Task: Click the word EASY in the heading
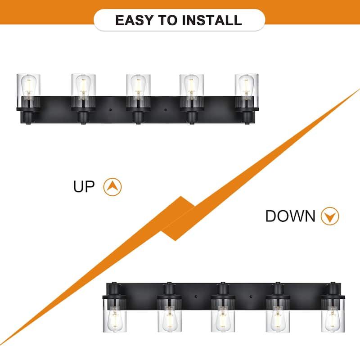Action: click(134, 20)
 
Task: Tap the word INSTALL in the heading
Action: click(212, 20)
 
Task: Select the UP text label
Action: click(84, 186)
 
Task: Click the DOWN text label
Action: click(290, 216)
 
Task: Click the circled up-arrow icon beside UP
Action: click(112, 187)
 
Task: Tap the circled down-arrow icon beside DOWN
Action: click(330, 216)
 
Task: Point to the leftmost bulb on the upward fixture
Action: click(28, 85)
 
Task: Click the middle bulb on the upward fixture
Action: click(138, 85)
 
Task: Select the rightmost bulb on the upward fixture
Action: click(246, 85)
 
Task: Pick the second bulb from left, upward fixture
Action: click(83, 85)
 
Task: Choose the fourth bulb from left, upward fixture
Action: click(191, 85)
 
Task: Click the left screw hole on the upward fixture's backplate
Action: click(110, 110)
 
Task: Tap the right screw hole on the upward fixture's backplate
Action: click(165, 110)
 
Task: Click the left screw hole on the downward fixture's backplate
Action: click(196, 297)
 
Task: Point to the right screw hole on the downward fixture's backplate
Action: click(251, 297)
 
